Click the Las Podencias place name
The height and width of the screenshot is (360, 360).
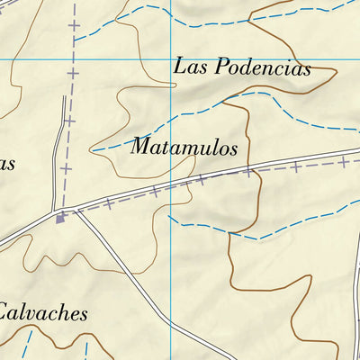[x=241, y=67]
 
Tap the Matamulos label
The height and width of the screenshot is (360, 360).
[x=184, y=147]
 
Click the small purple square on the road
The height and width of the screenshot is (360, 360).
[x=60, y=218]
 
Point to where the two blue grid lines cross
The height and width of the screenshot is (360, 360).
[x=171, y=59]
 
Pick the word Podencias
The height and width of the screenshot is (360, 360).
[x=260, y=67]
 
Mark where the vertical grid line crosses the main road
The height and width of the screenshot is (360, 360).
[x=171, y=188]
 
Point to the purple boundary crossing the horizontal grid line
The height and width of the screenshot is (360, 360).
[x=70, y=59]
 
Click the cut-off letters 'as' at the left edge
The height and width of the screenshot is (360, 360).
[x=6, y=164]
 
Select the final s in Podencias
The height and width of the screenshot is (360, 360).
[x=305, y=68]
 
